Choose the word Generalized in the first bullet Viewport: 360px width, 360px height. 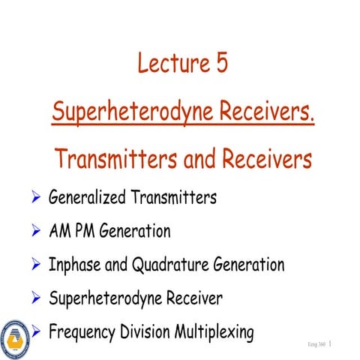coord(90,198)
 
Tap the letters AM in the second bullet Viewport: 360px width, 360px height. coord(61,232)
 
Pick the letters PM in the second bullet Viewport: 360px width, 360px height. coord(89,232)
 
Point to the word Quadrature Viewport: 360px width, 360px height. coord(174,265)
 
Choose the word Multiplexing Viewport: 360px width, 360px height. coord(216,331)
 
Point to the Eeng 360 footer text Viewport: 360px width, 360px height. coord(316,344)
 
